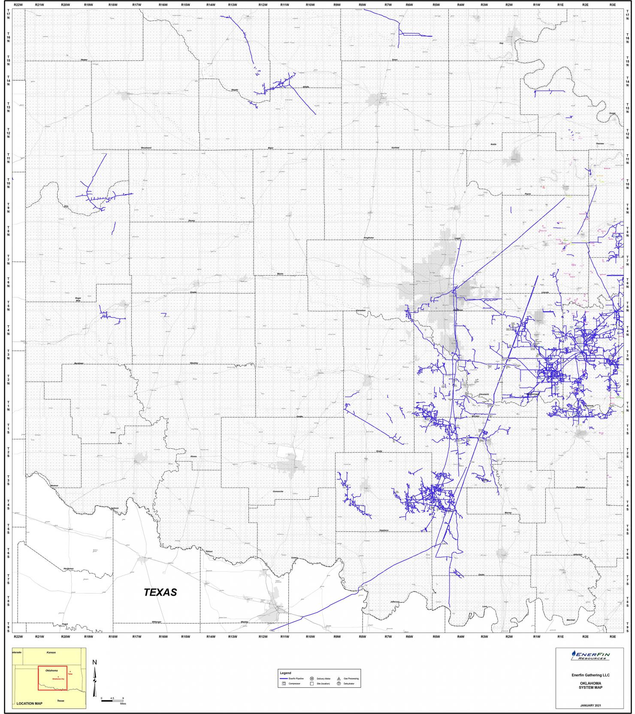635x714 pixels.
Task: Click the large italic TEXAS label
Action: click(x=160, y=592)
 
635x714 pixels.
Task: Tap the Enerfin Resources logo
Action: click(x=590, y=655)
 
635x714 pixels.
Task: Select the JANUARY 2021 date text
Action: click(x=590, y=705)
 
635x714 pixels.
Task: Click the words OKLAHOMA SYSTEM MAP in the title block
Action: click(x=590, y=685)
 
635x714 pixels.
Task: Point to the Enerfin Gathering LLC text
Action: click(x=590, y=675)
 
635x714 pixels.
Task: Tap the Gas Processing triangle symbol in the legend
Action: click(x=339, y=678)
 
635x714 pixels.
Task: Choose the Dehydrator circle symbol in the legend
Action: click(x=339, y=684)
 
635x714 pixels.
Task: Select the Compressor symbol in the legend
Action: click(x=284, y=684)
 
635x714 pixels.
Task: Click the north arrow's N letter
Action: click(x=95, y=662)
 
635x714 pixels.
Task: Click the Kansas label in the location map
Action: click(x=51, y=652)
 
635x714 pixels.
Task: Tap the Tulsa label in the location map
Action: click(x=70, y=674)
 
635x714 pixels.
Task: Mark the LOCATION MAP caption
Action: click(x=30, y=703)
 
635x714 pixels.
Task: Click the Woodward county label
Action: click(x=146, y=148)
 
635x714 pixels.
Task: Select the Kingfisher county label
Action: click(x=369, y=237)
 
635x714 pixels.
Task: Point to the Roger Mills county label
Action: click(x=78, y=299)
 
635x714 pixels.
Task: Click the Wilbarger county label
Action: click(x=156, y=621)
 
